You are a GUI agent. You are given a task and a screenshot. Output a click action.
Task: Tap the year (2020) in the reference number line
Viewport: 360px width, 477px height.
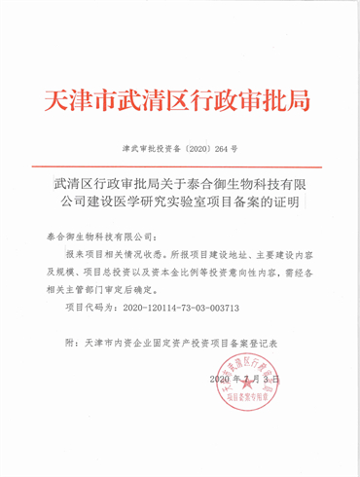tap(198, 151)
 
